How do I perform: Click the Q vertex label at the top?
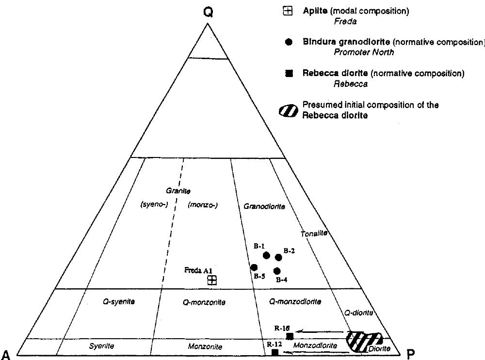[208, 13]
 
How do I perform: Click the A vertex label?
[5, 353]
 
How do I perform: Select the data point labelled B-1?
[266, 255]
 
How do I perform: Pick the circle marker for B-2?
[278, 257]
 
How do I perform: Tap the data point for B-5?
[253, 267]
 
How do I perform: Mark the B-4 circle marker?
[277, 271]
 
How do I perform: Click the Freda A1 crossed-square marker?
[212, 280]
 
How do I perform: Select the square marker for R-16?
[290, 336]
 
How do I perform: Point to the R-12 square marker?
[275, 352]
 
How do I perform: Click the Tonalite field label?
[314, 234]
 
